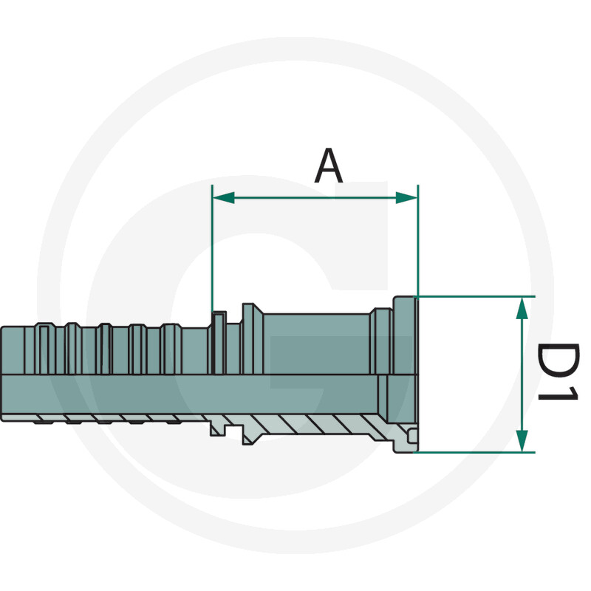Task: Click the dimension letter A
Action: click(329, 165)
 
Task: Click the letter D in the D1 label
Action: click(558, 360)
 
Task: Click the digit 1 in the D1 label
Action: click(558, 393)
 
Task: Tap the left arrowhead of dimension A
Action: click(224, 197)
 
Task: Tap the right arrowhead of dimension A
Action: click(407, 197)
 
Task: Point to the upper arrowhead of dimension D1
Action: click(522, 308)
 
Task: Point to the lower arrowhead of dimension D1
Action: click(522, 440)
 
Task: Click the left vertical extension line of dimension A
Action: click(212, 249)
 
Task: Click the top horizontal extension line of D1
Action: click(474, 297)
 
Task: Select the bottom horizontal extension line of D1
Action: click(474, 452)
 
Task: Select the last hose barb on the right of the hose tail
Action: click(171, 349)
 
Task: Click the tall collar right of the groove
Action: click(252, 339)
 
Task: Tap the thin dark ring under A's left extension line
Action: click(219, 343)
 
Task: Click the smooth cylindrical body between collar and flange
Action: click(317, 344)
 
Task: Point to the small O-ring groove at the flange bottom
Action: click(413, 436)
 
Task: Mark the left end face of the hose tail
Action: click(2, 373)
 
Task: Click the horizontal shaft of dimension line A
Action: click(315, 197)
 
